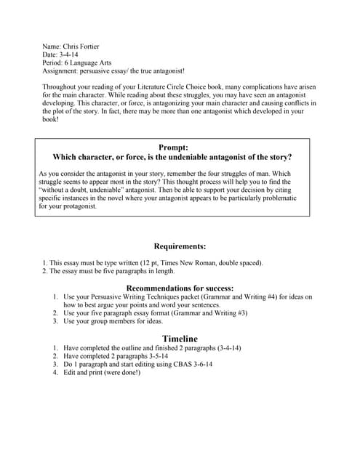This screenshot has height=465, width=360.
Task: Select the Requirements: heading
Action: (180, 246)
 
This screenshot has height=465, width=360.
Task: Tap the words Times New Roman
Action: (202, 262)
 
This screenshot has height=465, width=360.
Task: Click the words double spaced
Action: (241, 262)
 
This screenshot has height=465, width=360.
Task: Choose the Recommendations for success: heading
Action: (180, 288)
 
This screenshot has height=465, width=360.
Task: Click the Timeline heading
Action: (180, 339)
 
